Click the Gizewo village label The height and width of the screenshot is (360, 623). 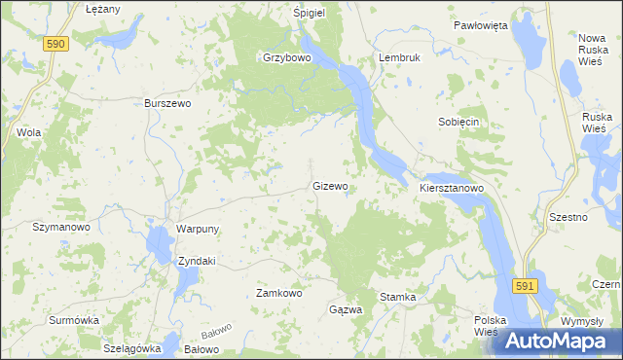tap(330, 185)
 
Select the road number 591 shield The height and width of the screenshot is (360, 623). tap(526, 285)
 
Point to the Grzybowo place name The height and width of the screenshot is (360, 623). tap(286, 57)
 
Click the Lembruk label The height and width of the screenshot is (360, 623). tap(400, 57)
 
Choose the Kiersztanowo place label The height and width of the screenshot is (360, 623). tap(452, 186)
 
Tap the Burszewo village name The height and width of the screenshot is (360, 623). tap(166, 102)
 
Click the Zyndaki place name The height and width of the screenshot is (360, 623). tap(196, 261)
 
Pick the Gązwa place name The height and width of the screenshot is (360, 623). tap(346, 309)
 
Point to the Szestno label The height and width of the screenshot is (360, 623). tap(568, 217)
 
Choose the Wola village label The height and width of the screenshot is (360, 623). tap(28, 131)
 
